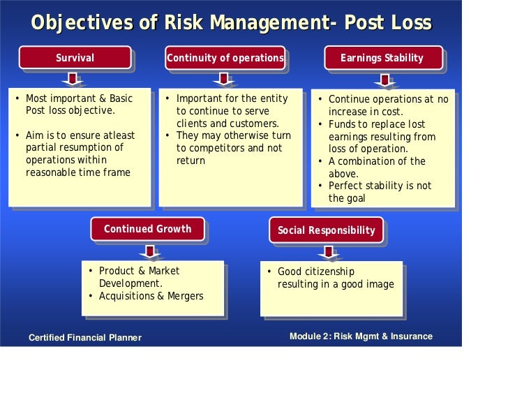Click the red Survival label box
tap(75, 58)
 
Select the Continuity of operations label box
tap(225, 58)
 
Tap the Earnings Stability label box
tap(382, 58)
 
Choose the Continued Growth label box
tap(147, 229)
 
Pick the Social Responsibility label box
tap(326, 230)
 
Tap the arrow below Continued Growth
tap(149, 251)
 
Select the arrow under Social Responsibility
tap(327, 251)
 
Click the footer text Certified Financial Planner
tap(84, 338)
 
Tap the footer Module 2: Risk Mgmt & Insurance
tap(361, 336)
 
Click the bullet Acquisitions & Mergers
tap(151, 296)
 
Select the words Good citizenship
tap(316, 272)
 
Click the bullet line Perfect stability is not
tap(380, 186)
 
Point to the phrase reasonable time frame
tap(77, 172)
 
